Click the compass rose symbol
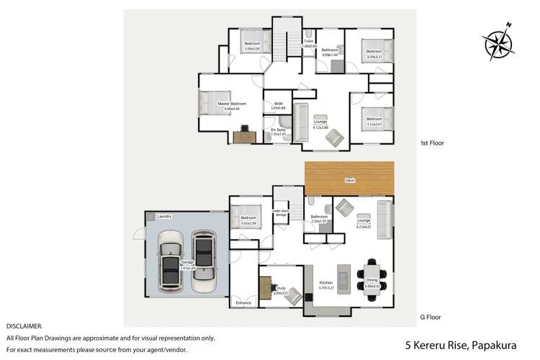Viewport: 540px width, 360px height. [497, 42]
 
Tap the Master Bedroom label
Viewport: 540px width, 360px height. [232, 104]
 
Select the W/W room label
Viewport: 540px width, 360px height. [278, 104]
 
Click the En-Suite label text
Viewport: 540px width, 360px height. [278, 130]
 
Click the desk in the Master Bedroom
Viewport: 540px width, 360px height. [245, 135]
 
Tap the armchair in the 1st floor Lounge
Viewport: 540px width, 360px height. [335, 137]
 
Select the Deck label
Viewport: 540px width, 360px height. [349, 181]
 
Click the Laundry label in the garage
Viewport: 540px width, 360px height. [163, 216]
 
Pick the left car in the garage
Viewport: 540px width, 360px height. [170, 262]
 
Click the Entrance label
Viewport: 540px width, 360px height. [243, 303]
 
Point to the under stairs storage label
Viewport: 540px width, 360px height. [280, 213]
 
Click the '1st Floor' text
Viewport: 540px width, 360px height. [432, 143]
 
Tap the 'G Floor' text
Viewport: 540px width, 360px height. [430, 317]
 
